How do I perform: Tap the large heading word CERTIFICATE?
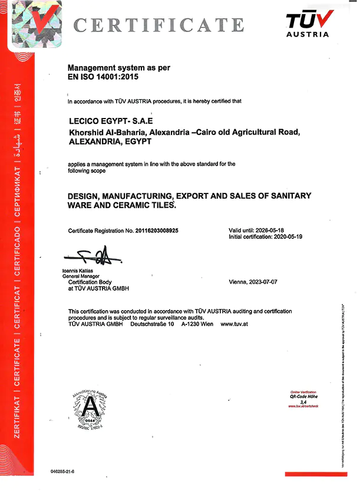point(159,25)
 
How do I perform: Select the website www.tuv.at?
point(233,324)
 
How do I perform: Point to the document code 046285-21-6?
point(65,472)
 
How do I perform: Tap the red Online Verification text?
point(303,392)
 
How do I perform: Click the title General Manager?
point(81,276)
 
